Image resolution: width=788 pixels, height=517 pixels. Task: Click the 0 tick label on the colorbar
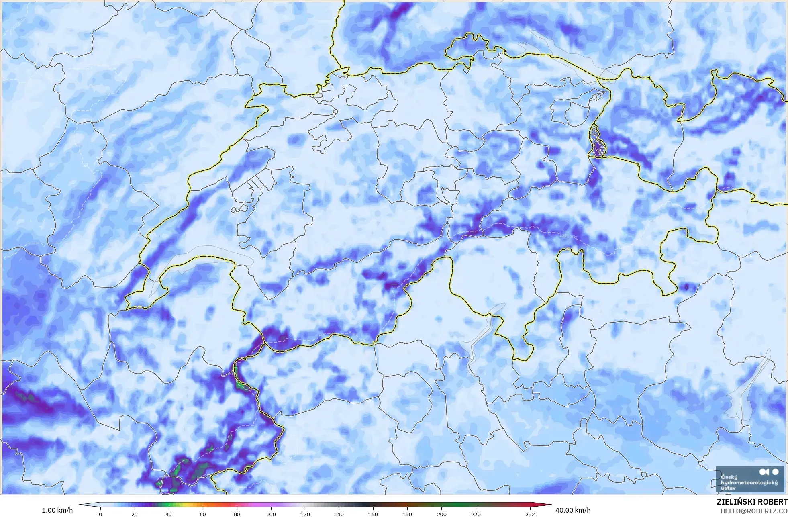[x=100, y=514]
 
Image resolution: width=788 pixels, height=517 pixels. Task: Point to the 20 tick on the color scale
[x=135, y=514]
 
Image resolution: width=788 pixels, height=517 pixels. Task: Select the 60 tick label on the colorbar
[x=203, y=514]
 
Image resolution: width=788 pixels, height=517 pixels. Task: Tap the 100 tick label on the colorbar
[x=271, y=514]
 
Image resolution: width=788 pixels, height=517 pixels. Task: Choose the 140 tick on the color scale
[x=339, y=514]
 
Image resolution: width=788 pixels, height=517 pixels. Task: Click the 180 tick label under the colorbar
[x=407, y=514]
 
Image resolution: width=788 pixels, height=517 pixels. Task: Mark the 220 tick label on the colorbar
[x=476, y=514]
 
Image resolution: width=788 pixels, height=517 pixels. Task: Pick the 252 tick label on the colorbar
[x=530, y=514]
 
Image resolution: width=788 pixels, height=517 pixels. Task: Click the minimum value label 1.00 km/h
[x=57, y=510]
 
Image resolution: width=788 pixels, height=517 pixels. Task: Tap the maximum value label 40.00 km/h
[x=573, y=510]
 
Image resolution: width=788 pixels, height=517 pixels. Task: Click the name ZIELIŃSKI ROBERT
[x=752, y=502]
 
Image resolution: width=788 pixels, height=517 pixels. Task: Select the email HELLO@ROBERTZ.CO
[x=753, y=511]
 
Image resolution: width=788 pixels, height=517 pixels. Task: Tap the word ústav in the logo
[x=728, y=488]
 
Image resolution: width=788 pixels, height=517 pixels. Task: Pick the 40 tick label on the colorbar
[x=169, y=514]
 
